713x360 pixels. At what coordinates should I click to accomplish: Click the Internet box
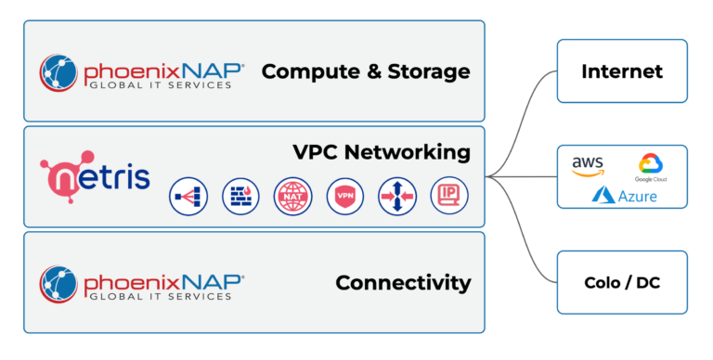pos(621,71)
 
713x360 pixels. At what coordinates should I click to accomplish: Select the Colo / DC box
pos(621,281)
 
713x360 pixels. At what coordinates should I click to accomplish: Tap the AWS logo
pos(588,166)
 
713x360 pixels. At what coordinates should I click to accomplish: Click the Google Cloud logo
pos(650,168)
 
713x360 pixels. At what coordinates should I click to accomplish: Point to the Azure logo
pos(624,196)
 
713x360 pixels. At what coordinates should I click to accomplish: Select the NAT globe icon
pos(292,197)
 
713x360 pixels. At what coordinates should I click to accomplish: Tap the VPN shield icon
pos(345,197)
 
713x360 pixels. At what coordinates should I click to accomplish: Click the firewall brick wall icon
pos(240,197)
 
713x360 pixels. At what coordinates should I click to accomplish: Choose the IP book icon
pos(449,197)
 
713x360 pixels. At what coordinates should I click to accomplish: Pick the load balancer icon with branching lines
pos(188,197)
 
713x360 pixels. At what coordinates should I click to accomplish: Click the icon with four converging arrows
pos(397,197)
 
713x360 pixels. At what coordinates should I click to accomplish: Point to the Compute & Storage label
pos(366,71)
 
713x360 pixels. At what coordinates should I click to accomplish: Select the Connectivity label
pos(403,282)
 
